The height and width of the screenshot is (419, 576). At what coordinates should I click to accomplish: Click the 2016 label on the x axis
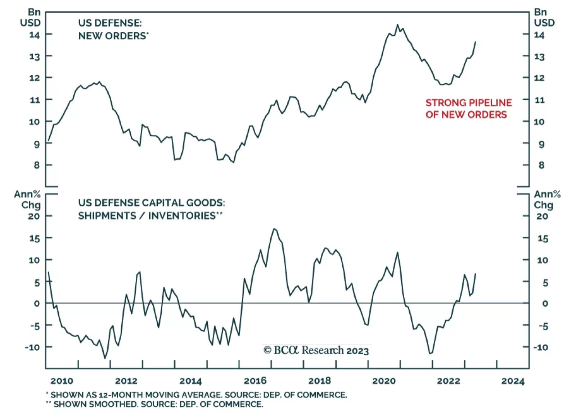coord(255,381)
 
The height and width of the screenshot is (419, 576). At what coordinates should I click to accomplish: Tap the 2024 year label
coord(513,381)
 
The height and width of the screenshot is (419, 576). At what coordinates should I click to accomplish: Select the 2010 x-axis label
coord(62,381)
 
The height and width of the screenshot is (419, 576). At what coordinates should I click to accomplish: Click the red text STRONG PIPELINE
coord(468,103)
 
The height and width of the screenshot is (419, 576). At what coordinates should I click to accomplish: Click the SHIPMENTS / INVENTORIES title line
coord(150,216)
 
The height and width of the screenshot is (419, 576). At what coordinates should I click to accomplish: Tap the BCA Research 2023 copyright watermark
coord(316,350)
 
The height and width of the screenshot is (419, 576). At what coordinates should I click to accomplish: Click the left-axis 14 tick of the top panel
coord(35,35)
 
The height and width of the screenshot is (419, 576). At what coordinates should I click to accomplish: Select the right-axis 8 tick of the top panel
coord(541,165)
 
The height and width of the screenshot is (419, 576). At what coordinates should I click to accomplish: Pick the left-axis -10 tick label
coord(32,347)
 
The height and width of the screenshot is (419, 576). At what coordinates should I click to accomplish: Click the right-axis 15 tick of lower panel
coord(542,239)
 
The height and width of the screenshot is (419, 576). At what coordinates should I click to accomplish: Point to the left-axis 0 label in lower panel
coord(36,304)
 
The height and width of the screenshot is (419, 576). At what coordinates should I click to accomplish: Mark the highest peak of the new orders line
coord(397,25)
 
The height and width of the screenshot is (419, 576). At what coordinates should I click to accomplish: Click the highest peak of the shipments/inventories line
coord(274,229)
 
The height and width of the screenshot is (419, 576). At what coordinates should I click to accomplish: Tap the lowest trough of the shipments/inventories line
coord(105,358)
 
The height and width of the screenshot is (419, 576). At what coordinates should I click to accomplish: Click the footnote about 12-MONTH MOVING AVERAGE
coord(197,395)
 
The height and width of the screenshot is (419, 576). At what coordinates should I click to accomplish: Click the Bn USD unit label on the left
coord(31,17)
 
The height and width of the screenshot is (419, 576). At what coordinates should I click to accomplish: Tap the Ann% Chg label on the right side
coord(547,200)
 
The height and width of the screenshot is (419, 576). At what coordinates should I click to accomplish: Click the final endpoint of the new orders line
coord(476,42)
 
